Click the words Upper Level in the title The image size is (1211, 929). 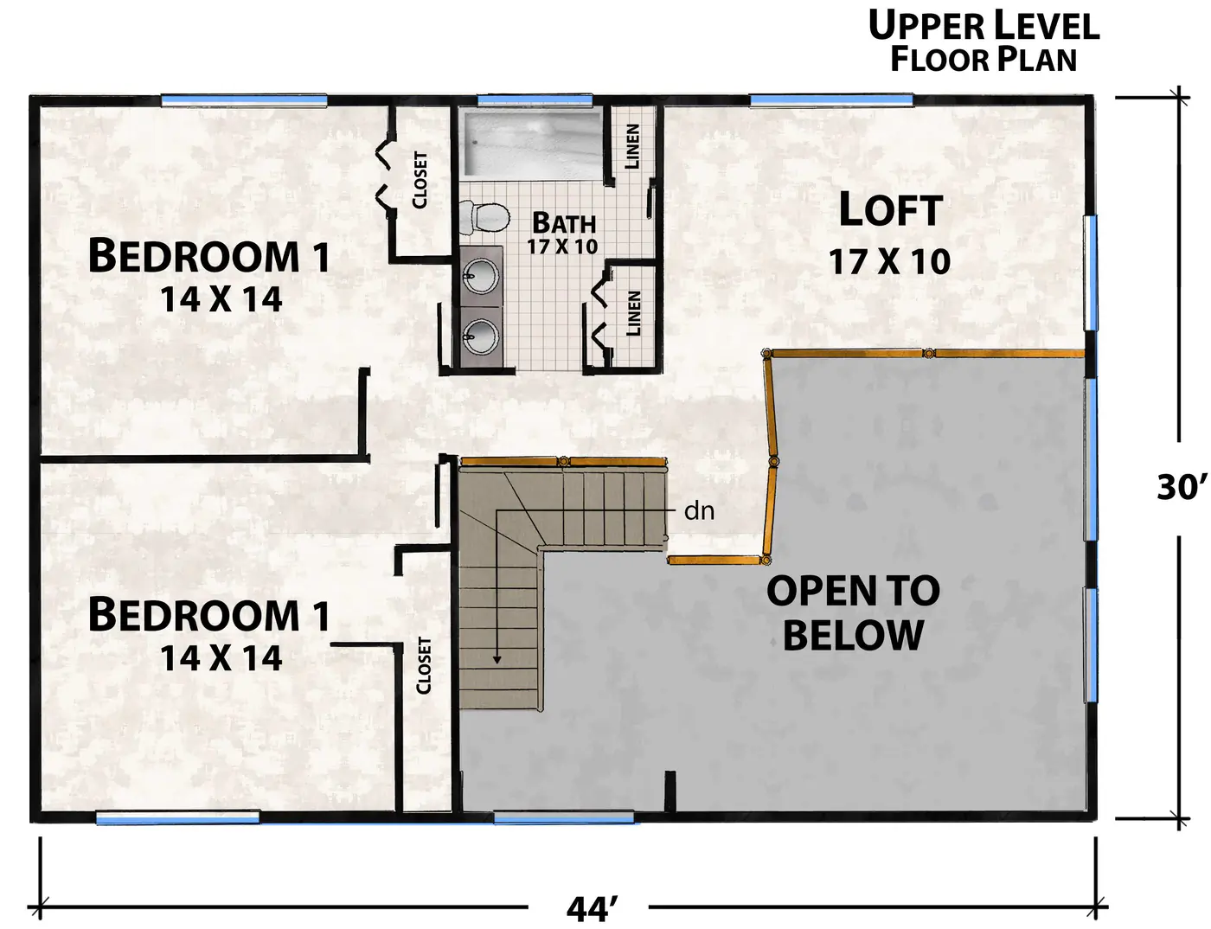[x=984, y=26]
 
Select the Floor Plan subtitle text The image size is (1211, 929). [x=984, y=60]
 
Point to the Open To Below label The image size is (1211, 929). [x=853, y=612]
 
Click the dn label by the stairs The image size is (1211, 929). [x=699, y=510]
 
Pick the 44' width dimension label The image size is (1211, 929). [x=593, y=909]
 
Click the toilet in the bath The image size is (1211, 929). [x=484, y=218]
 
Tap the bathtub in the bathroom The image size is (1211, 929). [x=533, y=144]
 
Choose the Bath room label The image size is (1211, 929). [x=564, y=223]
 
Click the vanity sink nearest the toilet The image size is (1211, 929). [x=481, y=277]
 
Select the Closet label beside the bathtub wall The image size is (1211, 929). [x=420, y=180]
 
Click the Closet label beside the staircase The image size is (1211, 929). [x=424, y=665]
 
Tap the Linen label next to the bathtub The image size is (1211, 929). [x=632, y=146]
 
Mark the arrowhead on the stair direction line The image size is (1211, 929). [x=497, y=660]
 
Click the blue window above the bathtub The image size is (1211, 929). [x=535, y=100]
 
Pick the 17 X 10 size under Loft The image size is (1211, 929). [x=889, y=261]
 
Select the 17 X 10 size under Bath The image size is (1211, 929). [x=562, y=247]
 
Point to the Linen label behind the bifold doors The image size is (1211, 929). [x=634, y=313]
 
